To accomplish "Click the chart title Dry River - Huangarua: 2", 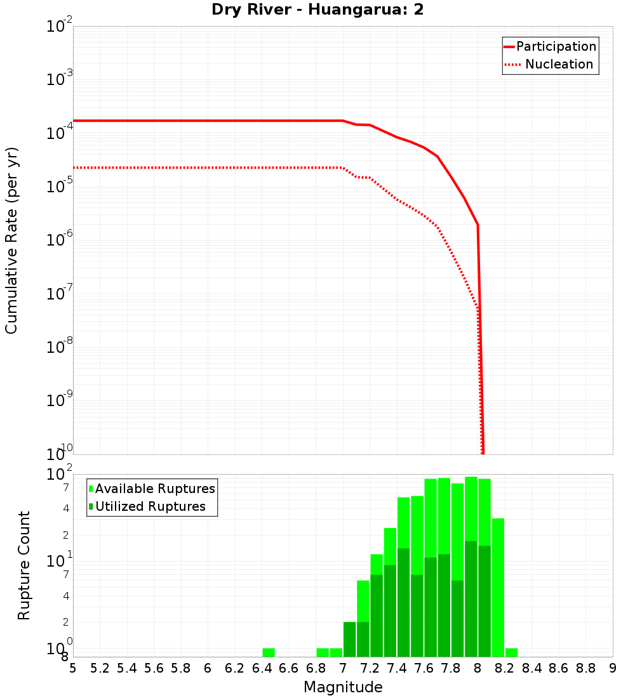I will point(317,10).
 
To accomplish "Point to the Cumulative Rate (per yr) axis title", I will point(11,240).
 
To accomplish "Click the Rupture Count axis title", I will point(24,565).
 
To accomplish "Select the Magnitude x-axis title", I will point(343,687).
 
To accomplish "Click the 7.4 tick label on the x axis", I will point(396,668).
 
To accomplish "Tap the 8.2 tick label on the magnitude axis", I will point(504,668).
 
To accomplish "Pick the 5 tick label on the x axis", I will point(73,668).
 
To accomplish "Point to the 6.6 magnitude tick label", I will point(288,668).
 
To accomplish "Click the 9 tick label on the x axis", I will point(612,668).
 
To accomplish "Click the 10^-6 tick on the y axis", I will point(60,240).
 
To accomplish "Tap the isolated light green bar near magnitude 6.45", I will point(269,652).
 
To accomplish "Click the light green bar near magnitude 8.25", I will point(511,652).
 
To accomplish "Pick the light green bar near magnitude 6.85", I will point(323,652).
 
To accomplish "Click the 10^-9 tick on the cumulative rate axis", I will point(60,400).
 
